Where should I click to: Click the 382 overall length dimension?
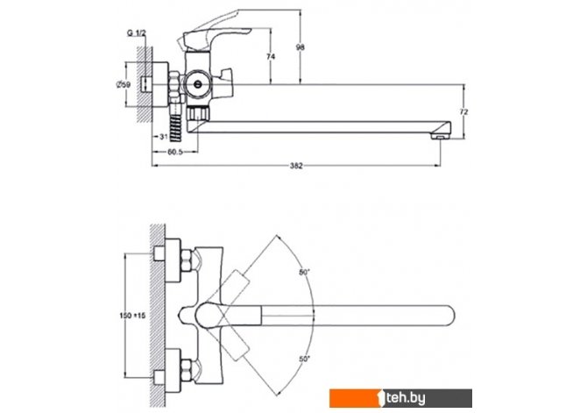(296, 167)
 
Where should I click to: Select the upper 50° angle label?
(305, 273)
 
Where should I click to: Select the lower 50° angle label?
(305, 360)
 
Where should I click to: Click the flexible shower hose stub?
(177, 128)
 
